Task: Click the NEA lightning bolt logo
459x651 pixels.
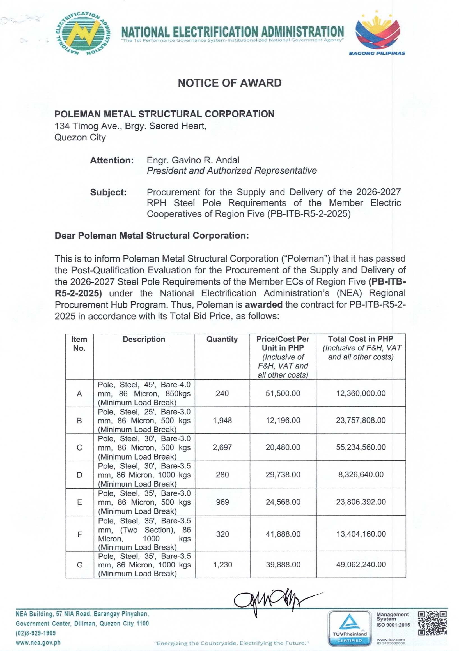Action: point(83,34)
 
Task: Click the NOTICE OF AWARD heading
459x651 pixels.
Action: point(229,83)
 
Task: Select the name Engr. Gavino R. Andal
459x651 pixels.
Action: point(193,160)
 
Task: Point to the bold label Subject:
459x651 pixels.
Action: point(108,192)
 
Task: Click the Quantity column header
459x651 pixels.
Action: point(222,339)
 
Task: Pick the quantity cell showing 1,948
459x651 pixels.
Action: point(222,420)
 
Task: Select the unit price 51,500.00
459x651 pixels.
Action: point(283,393)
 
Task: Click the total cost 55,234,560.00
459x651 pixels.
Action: point(361,447)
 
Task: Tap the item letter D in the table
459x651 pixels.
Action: point(79,475)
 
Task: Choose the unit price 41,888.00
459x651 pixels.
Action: point(283,534)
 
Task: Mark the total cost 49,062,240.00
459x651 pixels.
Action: point(361,565)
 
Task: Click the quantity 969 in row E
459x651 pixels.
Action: point(222,502)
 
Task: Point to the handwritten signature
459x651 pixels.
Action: point(272,601)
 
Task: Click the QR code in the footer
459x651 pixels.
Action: point(432,624)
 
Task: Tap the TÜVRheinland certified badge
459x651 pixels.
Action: point(349,627)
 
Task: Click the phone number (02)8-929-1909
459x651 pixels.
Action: point(36,633)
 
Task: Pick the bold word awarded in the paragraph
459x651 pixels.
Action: point(263,304)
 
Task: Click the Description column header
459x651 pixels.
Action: point(144,339)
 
